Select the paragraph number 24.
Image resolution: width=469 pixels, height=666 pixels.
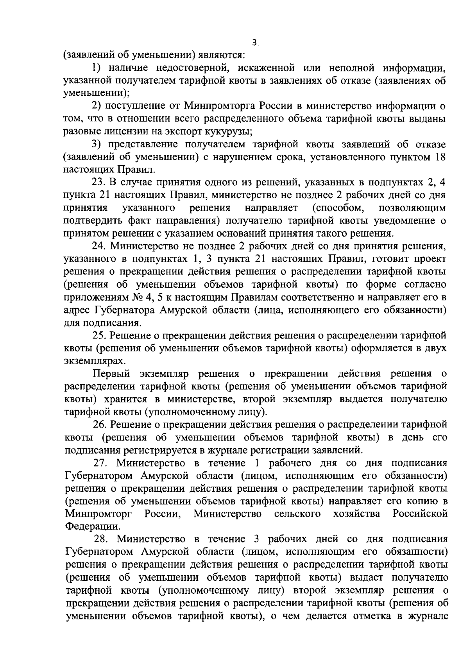pyautogui.click(x=98, y=246)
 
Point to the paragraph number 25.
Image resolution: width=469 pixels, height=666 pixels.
pyautogui.click(x=98, y=335)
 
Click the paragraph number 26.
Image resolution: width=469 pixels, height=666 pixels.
pyautogui.click(x=98, y=424)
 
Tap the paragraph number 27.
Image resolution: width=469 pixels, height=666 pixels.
pyautogui.click(x=99, y=463)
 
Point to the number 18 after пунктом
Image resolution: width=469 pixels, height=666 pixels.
pyautogui.click(x=439, y=157)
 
